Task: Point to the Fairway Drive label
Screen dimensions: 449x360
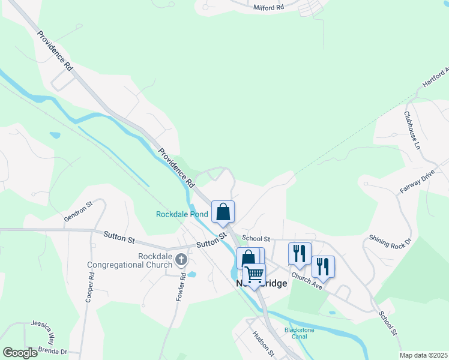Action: point(417,184)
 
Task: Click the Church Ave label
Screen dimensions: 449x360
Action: point(307,280)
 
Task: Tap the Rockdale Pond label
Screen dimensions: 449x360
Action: point(182,214)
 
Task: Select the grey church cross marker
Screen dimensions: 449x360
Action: point(181,260)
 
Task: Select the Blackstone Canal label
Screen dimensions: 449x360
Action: point(295,333)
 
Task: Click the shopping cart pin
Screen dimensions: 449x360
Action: point(254,275)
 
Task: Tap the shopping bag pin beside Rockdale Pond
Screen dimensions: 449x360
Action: point(223,211)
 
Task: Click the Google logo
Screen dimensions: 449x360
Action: point(20,352)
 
